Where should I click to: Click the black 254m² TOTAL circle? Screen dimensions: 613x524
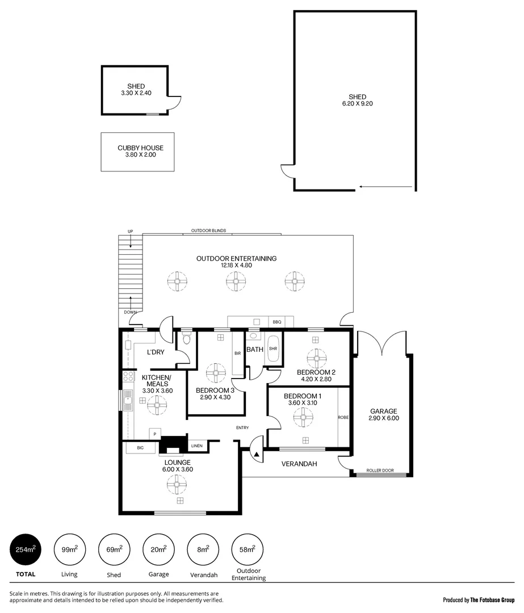click(x=26, y=549)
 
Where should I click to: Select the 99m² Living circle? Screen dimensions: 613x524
click(x=70, y=549)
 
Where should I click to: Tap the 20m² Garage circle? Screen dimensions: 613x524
click(x=159, y=549)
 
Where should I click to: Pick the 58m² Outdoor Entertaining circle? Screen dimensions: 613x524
click(x=248, y=549)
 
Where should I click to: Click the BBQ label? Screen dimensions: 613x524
click(x=276, y=322)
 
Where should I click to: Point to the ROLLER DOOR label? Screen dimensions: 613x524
click(x=380, y=471)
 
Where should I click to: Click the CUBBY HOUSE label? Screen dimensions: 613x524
click(x=137, y=148)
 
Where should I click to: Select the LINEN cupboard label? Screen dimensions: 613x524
click(x=196, y=446)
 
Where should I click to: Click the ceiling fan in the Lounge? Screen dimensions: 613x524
click(x=177, y=483)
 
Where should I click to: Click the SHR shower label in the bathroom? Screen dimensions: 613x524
click(x=273, y=349)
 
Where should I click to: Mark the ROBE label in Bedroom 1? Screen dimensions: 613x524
click(x=343, y=417)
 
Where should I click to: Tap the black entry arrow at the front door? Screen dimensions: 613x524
click(x=256, y=454)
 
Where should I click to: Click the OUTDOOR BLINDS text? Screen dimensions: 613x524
click(x=208, y=230)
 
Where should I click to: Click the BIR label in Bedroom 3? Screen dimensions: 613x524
click(x=237, y=353)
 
